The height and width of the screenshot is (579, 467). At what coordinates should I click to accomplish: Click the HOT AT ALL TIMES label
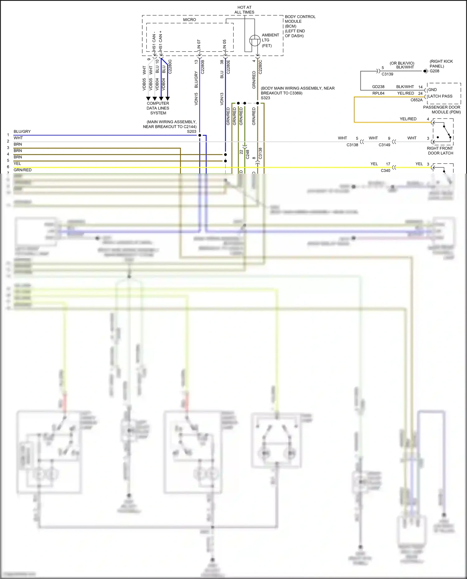(244, 10)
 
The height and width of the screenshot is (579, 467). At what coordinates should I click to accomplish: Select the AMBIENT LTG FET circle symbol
(255, 40)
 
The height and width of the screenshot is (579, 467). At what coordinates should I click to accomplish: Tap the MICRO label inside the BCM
(189, 20)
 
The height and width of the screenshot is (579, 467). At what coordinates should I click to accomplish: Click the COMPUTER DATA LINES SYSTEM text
(158, 108)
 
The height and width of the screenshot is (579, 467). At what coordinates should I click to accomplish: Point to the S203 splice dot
(200, 135)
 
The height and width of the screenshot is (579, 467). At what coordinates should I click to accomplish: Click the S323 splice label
(265, 98)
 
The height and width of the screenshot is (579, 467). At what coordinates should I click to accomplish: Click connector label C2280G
(170, 66)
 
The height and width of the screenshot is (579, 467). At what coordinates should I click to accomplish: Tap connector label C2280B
(203, 67)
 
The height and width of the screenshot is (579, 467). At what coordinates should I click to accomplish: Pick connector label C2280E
(229, 67)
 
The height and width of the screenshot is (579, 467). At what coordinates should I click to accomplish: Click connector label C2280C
(261, 67)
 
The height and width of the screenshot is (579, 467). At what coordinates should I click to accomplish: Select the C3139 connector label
(387, 74)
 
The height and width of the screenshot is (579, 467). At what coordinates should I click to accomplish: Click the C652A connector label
(416, 100)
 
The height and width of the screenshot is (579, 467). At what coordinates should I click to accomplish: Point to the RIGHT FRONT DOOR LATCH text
(440, 151)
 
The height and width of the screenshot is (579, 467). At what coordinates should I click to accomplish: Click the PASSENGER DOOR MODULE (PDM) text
(442, 110)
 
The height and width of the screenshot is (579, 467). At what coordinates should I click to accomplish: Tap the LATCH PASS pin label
(440, 96)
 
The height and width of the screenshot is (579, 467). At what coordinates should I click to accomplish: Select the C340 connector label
(385, 170)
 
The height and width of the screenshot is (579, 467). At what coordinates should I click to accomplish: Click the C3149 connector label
(384, 145)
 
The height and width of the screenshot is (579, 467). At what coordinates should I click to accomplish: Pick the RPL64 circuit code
(378, 93)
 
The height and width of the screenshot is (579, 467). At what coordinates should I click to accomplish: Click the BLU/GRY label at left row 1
(22, 131)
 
